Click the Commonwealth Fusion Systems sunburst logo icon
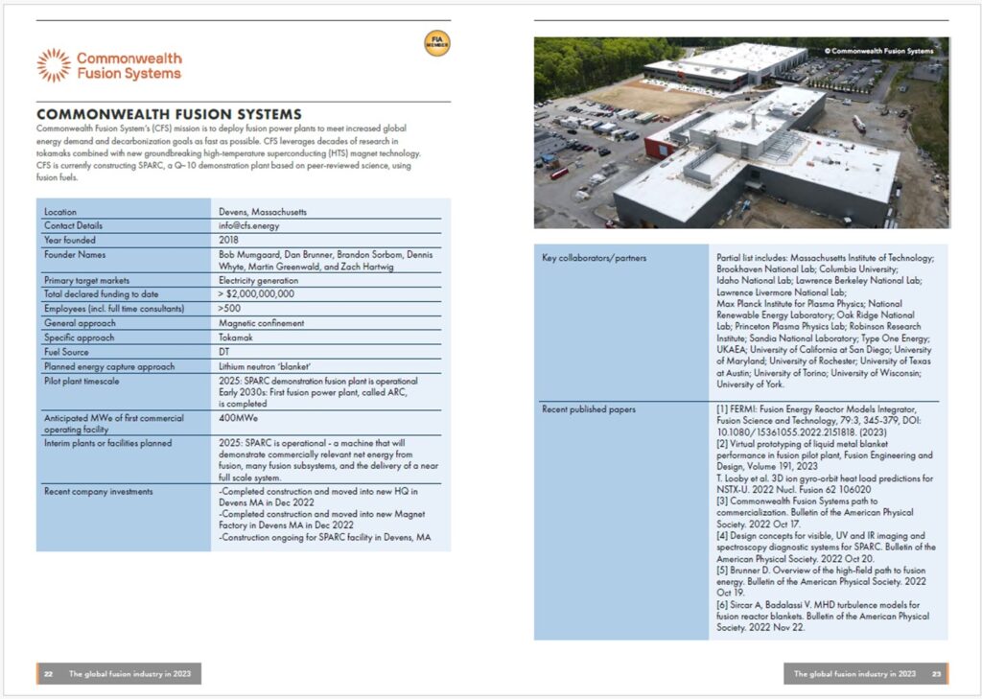coord(54,65)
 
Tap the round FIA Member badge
coord(437,43)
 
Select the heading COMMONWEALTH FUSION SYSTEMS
coord(169,114)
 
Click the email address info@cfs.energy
coord(249,225)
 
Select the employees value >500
coord(229,309)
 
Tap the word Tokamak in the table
coord(235,338)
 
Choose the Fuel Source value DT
coord(224,352)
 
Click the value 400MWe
coord(239,418)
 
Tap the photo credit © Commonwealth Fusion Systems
coord(878,51)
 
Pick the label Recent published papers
coord(589,409)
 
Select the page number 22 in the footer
coord(48,674)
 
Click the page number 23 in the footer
coord(936,674)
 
